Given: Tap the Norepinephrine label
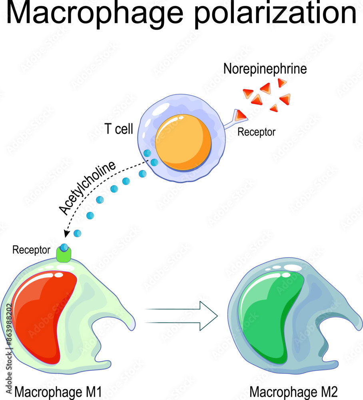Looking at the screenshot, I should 265,69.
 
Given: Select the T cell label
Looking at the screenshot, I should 119,130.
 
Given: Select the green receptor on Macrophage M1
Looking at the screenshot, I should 64,255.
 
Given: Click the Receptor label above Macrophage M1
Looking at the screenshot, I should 31,250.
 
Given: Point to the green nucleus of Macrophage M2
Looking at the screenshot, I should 272,316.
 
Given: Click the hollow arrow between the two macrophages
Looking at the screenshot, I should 182,316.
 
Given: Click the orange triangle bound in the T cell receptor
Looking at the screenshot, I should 241,116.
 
